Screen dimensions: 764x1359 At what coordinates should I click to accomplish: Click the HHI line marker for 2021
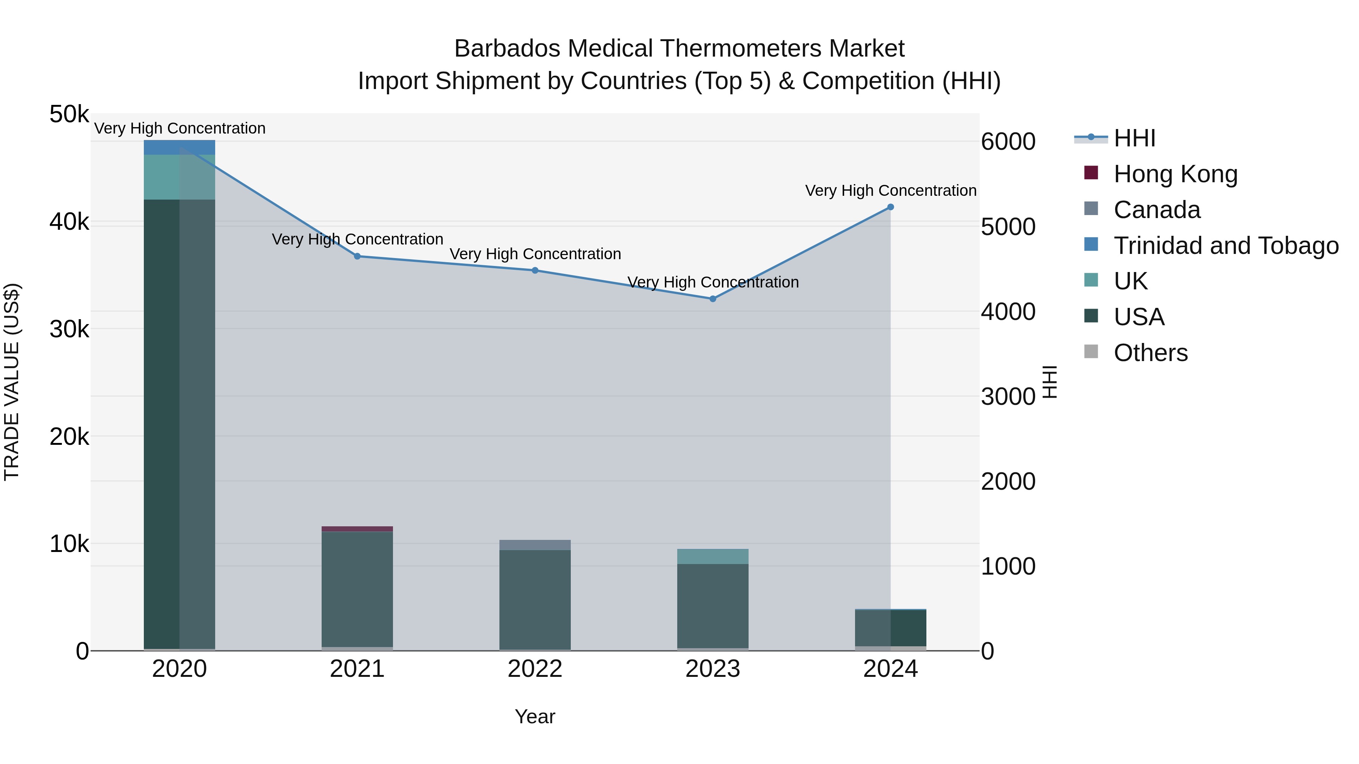click(357, 256)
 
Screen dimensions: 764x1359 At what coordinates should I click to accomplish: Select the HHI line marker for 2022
click(535, 271)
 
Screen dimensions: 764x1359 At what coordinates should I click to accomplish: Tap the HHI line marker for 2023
click(713, 299)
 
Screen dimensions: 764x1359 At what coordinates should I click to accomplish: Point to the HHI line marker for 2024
click(891, 207)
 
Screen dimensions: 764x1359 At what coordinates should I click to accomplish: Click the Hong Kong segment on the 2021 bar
click(357, 529)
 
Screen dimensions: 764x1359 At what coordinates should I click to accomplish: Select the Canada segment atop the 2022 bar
click(535, 545)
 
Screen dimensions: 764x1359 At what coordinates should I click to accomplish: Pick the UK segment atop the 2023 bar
click(713, 556)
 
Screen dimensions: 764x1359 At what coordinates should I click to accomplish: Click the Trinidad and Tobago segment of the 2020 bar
click(179, 147)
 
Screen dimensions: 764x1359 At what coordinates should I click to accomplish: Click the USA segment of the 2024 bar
click(891, 627)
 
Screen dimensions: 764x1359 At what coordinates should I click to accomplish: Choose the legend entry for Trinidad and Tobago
click(1225, 246)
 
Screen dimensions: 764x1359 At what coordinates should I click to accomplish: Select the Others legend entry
click(1150, 353)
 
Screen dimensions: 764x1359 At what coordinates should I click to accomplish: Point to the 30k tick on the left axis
click(69, 329)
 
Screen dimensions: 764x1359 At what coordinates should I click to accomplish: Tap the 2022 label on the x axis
click(535, 669)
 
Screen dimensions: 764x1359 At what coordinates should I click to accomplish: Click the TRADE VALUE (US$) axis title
click(12, 382)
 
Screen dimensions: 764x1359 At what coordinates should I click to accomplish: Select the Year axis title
click(535, 716)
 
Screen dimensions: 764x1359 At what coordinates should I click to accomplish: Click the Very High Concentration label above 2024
click(891, 191)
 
